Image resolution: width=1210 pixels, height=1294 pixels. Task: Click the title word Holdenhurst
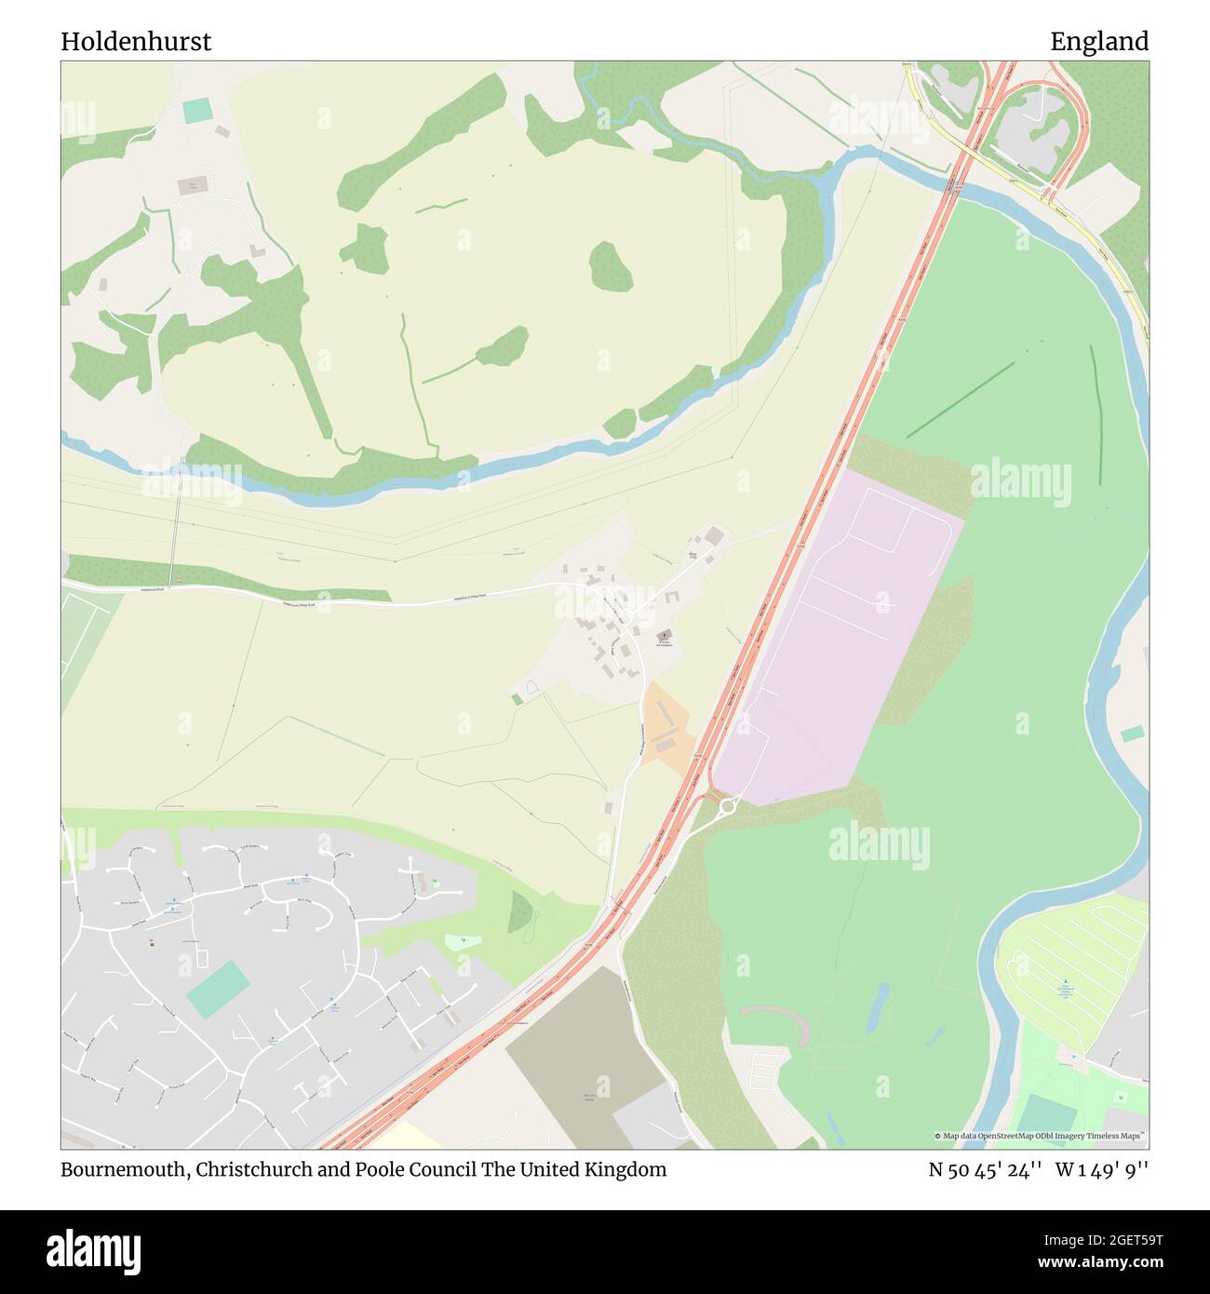point(136,42)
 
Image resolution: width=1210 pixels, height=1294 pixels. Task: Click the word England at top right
point(1099,42)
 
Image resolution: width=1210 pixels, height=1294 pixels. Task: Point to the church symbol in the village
point(665,635)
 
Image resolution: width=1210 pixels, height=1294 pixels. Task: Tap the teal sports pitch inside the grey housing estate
point(219,990)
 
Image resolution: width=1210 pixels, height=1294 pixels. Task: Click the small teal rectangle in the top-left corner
point(197,111)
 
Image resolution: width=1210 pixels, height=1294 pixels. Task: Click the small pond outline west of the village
point(532,689)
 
